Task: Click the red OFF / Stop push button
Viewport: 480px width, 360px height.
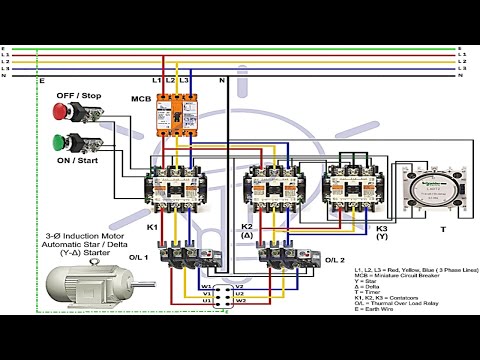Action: pos(62,105)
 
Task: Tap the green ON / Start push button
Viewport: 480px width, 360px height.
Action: pos(62,140)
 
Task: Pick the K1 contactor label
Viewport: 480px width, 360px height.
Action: pos(153,227)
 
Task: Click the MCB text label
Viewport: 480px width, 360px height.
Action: pos(140,98)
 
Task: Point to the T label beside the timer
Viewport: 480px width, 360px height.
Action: pos(443,229)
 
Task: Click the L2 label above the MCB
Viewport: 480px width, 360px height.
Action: pos(171,80)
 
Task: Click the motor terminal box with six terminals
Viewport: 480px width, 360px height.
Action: pos(223,291)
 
